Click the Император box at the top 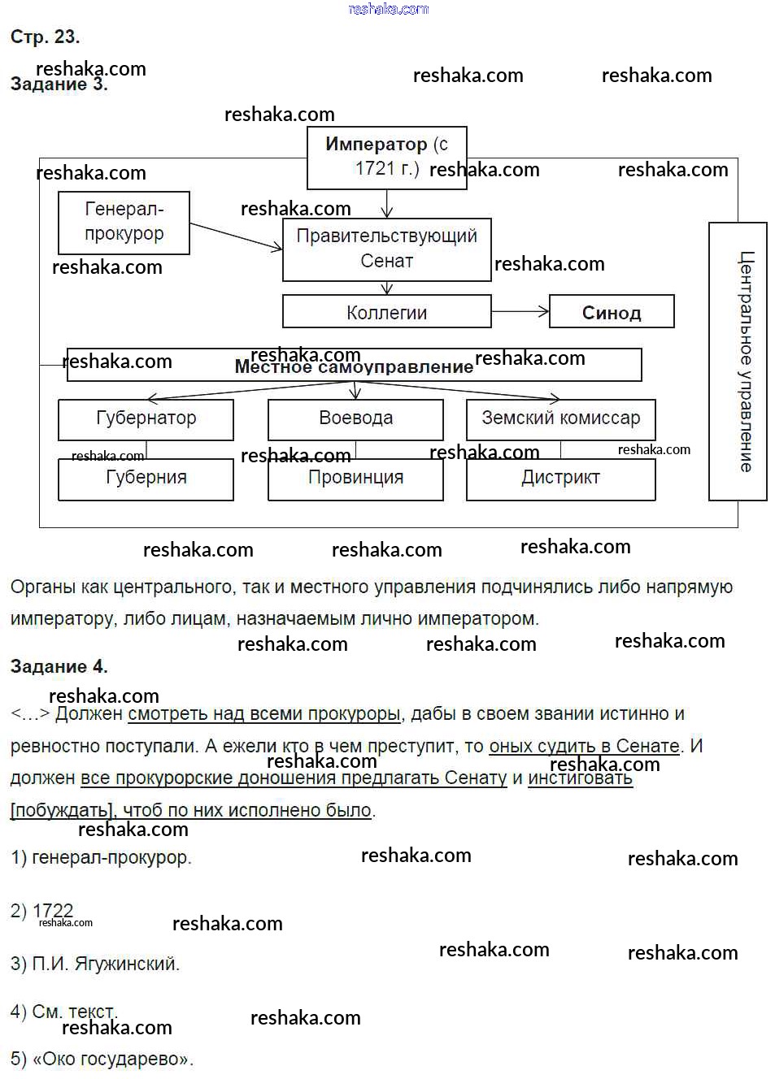(x=386, y=158)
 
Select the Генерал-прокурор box (x=124, y=222)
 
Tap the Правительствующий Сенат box (x=386, y=249)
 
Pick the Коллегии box (x=386, y=312)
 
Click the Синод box (x=612, y=312)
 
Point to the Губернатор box (x=146, y=418)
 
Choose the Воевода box (x=355, y=418)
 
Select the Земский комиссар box (x=560, y=418)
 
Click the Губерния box (x=146, y=478)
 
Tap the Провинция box (x=355, y=478)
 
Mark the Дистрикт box (x=560, y=478)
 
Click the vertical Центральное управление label (x=745, y=362)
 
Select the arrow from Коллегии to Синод (x=520, y=311)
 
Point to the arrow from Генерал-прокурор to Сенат (x=236, y=236)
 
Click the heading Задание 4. (x=59, y=667)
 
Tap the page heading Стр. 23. (x=45, y=37)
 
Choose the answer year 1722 (x=53, y=911)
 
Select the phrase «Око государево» (x=113, y=1059)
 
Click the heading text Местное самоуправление (x=354, y=367)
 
